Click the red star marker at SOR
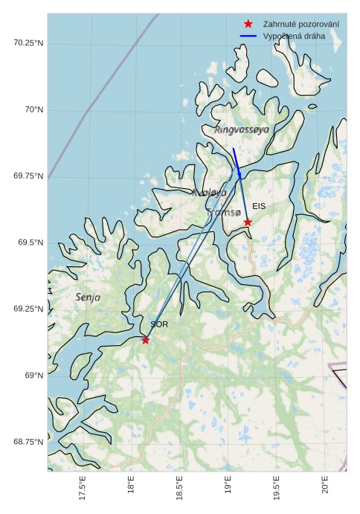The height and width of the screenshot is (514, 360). click(145, 340)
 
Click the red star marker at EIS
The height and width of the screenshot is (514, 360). click(248, 222)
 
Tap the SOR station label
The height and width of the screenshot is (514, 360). click(159, 324)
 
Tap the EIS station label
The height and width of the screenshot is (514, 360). click(259, 206)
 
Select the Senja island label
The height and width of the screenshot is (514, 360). click(88, 297)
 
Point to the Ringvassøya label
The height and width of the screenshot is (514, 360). click(242, 129)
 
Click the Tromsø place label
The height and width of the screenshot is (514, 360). click(224, 213)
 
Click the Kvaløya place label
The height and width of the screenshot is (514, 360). click(209, 193)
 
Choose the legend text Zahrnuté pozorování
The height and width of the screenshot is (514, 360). click(300, 25)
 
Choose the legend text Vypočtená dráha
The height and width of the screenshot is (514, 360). click(294, 36)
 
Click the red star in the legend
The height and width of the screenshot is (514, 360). click(248, 25)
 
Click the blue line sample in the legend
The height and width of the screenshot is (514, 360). click(248, 36)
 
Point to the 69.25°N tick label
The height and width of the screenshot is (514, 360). click(28, 309)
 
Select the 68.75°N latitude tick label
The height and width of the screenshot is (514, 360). click(28, 442)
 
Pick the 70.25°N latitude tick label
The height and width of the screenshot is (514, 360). click(28, 43)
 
